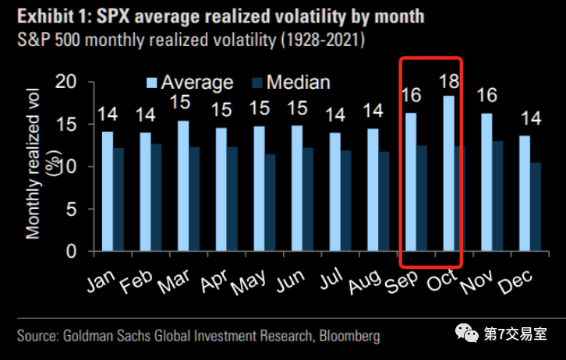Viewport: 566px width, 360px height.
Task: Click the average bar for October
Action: (x=448, y=175)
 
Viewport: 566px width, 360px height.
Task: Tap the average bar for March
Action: (x=183, y=186)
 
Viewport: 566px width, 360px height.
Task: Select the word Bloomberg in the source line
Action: (x=344, y=337)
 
